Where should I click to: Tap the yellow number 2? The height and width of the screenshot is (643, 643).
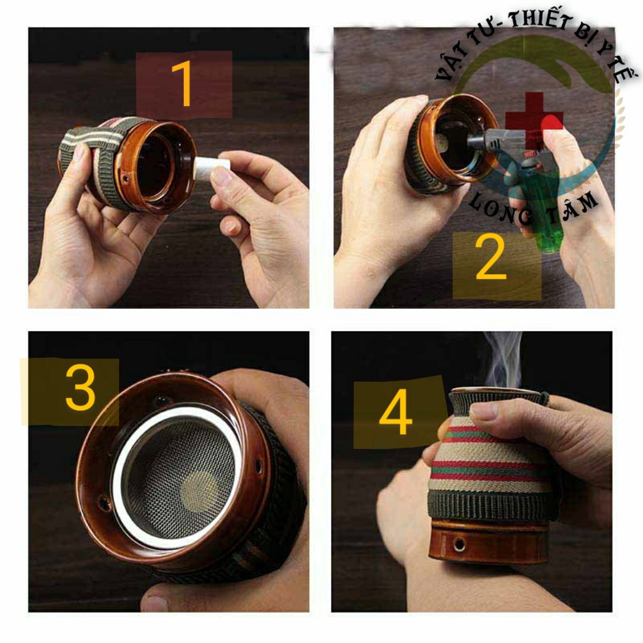[x=490, y=258]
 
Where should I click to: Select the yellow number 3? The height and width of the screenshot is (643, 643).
[x=80, y=387]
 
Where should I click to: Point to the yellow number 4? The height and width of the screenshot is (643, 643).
[x=396, y=412]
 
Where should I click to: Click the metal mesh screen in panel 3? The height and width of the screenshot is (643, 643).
[x=180, y=480]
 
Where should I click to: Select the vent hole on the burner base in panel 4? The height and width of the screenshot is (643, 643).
[x=459, y=544]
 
